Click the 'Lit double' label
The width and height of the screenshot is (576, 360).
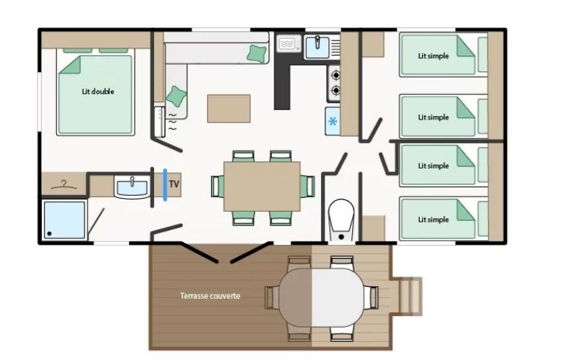tap(98, 91)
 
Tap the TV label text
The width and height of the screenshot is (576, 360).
tap(174, 184)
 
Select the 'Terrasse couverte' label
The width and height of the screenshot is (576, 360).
tap(210, 296)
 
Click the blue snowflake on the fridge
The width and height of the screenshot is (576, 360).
tap(333, 121)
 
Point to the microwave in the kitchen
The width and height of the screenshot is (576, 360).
tap(289, 44)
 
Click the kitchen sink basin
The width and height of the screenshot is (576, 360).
tap(317, 48)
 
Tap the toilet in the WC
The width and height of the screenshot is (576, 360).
tap(341, 220)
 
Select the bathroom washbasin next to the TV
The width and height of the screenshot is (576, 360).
tap(132, 186)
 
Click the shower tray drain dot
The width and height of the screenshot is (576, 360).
tap(49, 233)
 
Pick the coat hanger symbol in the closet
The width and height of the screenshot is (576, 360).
tap(64, 185)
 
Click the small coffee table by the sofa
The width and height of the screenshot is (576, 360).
tap(229, 109)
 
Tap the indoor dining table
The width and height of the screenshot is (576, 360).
tap(262, 186)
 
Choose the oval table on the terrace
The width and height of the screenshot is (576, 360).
tap(321, 297)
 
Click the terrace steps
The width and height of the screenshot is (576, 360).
tap(408, 296)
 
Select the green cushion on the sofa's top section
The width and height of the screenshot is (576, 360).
tap(257, 53)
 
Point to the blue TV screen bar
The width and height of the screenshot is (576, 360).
tap(166, 185)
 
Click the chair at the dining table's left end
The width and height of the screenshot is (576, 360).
tap(217, 186)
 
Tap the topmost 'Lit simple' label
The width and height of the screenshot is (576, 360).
tap(433, 56)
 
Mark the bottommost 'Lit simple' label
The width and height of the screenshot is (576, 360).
tap(433, 220)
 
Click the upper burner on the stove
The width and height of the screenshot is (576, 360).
tap(335, 76)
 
